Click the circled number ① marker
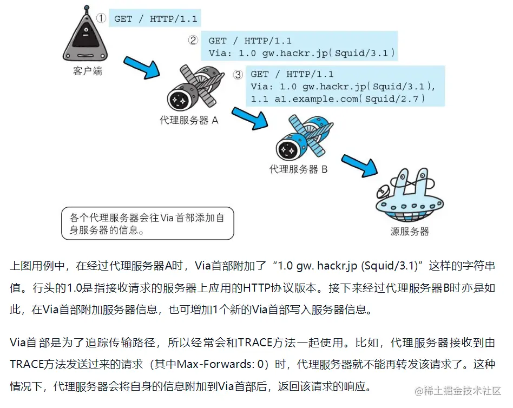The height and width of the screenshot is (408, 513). coord(101,18)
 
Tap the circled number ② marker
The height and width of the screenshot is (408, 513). coord(193,40)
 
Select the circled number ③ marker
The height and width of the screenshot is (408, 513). coord(238,75)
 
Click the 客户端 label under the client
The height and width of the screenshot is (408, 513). coord(87,71)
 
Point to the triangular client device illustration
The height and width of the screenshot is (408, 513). coord(85,39)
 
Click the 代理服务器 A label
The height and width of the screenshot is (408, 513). coord(189,121)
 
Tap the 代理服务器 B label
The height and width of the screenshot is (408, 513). coord(298,169)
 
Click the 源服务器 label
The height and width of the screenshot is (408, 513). coord(410,232)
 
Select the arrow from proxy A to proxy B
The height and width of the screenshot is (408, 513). coord(253,119)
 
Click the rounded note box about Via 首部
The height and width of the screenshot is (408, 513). coord(148,223)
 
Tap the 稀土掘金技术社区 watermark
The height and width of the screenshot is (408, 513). coord(463,391)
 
